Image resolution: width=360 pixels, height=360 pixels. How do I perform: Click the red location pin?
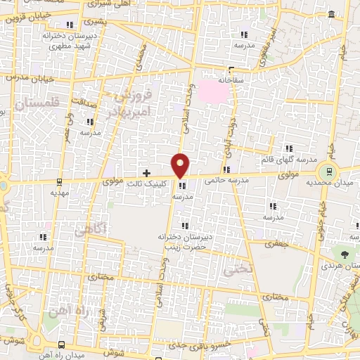(x=181, y=165)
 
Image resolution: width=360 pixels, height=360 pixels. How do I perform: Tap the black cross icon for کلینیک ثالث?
(x=146, y=172)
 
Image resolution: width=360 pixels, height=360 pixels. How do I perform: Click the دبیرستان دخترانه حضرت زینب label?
(x=185, y=243)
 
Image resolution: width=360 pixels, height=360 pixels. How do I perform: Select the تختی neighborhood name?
(x=233, y=269)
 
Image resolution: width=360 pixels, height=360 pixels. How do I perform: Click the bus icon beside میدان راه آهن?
(x=62, y=345)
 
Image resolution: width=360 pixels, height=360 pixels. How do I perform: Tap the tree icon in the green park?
(x=345, y=255)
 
